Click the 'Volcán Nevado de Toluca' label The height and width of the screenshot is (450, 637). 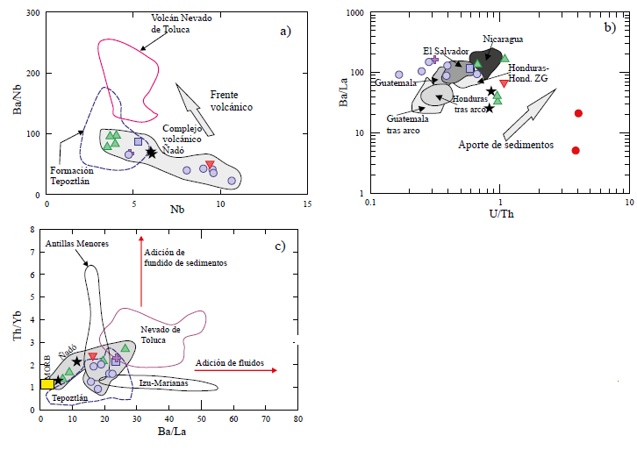pyautogui.click(x=183, y=23)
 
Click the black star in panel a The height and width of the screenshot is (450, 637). pyautogui.click(x=151, y=153)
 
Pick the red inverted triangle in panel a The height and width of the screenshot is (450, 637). pyautogui.click(x=210, y=164)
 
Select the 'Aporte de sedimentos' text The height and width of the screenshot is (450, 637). pyautogui.click(x=505, y=145)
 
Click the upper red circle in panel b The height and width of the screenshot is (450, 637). pyautogui.click(x=578, y=113)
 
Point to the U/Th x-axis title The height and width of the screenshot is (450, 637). pyautogui.click(x=499, y=213)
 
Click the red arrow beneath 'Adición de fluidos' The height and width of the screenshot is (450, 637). pyautogui.click(x=235, y=372)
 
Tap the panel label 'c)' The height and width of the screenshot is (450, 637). pyautogui.click(x=280, y=246)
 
